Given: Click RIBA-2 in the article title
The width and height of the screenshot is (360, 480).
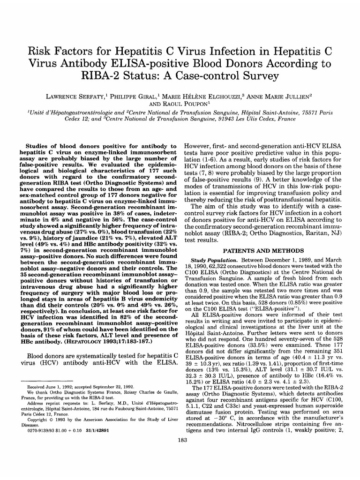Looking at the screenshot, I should point(101,75).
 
